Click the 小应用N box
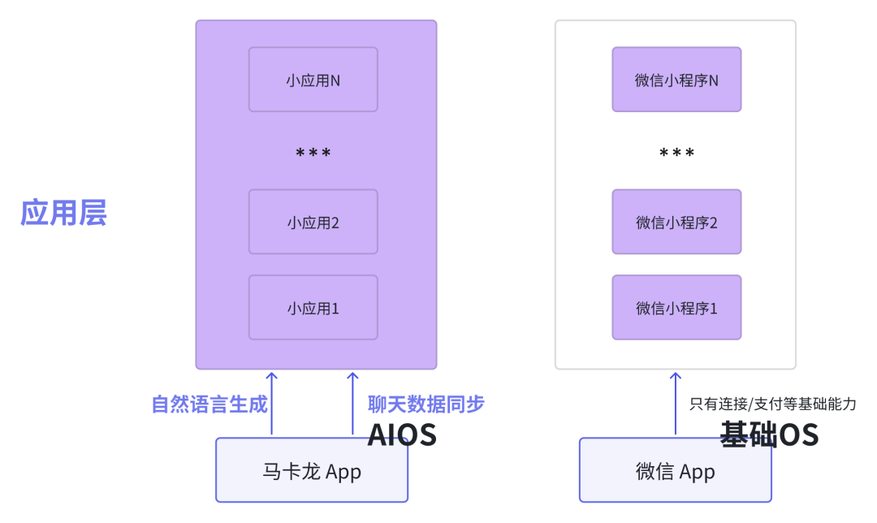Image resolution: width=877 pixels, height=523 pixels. pyautogui.click(x=313, y=80)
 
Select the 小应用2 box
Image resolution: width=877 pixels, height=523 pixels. pyautogui.click(x=313, y=222)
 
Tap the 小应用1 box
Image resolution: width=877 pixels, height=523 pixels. pyautogui.click(x=313, y=307)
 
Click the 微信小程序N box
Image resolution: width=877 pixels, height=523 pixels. pyautogui.click(x=676, y=80)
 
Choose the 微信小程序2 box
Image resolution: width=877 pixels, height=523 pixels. pyautogui.click(x=676, y=222)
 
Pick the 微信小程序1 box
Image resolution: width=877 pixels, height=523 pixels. pyautogui.click(x=676, y=307)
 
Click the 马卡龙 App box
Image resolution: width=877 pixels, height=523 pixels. pyautogui.click(x=312, y=470)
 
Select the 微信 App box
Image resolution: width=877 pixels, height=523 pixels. pyautogui.click(x=676, y=470)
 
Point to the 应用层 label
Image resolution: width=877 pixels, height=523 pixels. pyautogui.click(x=63, y=213)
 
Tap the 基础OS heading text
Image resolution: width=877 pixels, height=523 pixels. pyautogui.click(x=770, y=434)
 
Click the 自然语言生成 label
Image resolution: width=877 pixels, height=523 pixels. pyautogui.click(x=210, y=404)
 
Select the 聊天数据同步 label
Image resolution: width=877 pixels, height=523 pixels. pyautogui.click(x=426, y=404)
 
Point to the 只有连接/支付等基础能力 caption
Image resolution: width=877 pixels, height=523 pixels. pyautogui.click(x=773, y=404)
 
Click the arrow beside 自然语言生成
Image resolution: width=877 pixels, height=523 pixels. pyautogui.click(x=272, y=404)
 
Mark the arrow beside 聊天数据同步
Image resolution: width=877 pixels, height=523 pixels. pyautogui.click(x=352, y=404)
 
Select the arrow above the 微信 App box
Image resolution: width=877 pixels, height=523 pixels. pyautogui.click(x=676, y=404)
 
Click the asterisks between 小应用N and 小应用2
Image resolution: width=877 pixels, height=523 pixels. pyautogui.click(x=313, y=153)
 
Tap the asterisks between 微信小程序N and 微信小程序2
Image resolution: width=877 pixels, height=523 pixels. pyautogui.click(x=676, y=153)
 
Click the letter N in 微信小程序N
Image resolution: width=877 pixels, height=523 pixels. pyautogui.click(x=714, y=80)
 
